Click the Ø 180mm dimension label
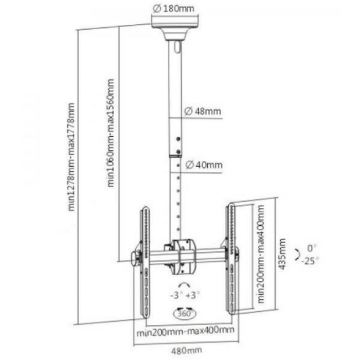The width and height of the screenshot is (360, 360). pyautogui.click(x=173, y=9)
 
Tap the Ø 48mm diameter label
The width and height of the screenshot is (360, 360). pyautogui.click(x=203, y=112)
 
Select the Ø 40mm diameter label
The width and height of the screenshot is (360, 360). pyautogui.click(x=204, y=165)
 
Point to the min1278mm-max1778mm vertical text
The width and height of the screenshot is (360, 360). pyautogui.click(x=71, y=157)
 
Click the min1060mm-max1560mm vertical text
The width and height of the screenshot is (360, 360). pyautogui.click(x=111, y=133)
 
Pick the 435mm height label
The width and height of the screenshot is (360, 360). pyautogui.click(x=282, y=254)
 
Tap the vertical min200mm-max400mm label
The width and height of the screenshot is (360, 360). pyautogui.click(x=261, y=254)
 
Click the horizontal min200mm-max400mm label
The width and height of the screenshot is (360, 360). pyautogui.click(x=186, y=331)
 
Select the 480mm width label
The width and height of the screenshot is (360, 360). pyautogui.click(x=186, y=351)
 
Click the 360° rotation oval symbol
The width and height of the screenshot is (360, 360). pyautogui.click(x=184, y=313)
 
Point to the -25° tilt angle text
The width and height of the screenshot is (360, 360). pyautogui.click(x=310, y=261)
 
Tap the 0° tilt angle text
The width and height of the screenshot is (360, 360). pyautogui.click(x=312, y=248)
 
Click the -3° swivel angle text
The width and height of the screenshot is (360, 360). pyautogui.click(x=176, y=295)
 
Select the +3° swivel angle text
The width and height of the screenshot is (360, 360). pyautogui.click(x=192, y=295)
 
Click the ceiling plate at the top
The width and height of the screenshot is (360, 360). pyautogui.click(x=175, y=22)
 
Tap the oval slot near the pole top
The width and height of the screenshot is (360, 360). pyautogui.click(x=177, y=47)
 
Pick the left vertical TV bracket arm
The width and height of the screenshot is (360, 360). pyautogui.click(x=145, y=262)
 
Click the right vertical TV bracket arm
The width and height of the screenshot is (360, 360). pyautogui.click(x=231, y=258)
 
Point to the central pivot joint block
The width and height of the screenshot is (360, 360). pyautogui.click(x=184, y=257)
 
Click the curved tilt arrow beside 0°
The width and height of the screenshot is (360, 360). pyautogui.click(x=298, y=255)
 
